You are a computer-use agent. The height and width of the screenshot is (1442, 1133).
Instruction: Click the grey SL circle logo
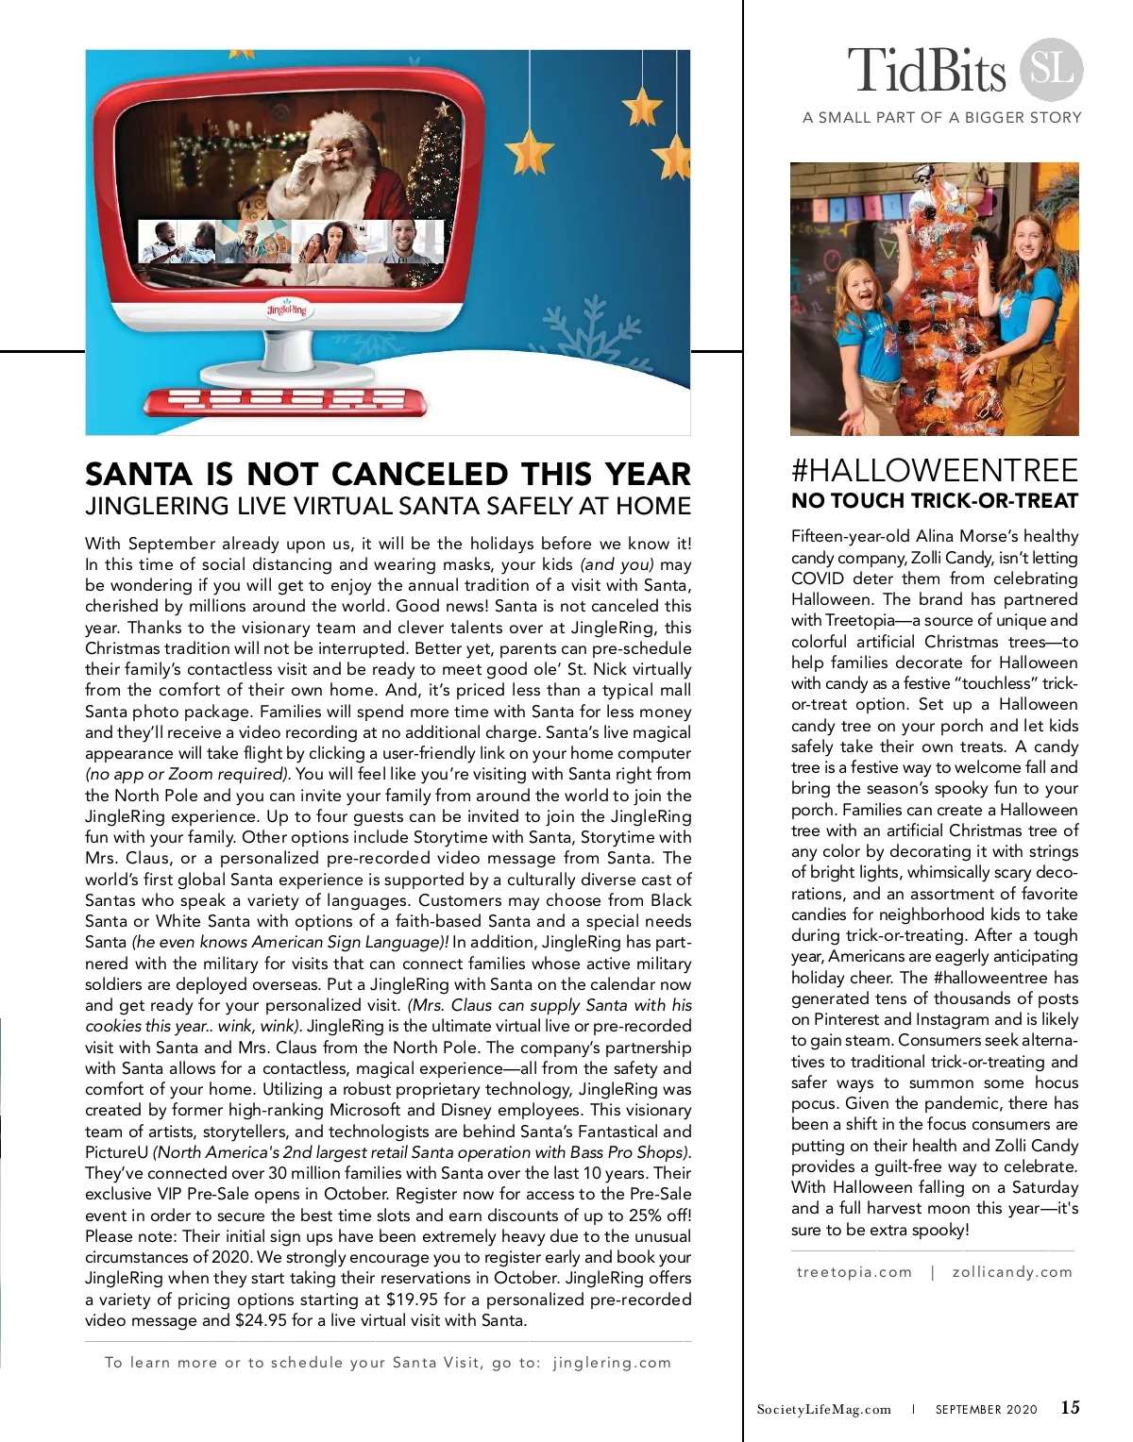tap(1051, 70)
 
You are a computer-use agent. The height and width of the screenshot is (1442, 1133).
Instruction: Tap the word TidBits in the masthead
tap(927, 72)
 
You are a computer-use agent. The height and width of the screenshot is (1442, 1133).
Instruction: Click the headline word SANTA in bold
tap(140, 474)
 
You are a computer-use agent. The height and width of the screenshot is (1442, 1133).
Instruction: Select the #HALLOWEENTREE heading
tap(934, 471)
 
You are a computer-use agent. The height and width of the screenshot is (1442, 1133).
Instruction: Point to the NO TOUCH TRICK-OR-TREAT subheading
tap(934, 501)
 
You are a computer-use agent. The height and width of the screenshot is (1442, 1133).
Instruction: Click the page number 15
tap(1070, 1408)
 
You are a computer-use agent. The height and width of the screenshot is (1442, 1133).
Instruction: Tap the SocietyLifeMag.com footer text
tap(823, 1410)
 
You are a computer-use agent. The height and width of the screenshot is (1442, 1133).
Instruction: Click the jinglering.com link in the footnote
tap(612, 1363)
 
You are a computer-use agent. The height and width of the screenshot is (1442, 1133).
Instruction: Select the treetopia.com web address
tap(854, 1272)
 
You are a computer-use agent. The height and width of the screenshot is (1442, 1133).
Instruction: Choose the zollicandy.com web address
tap(1012, 1272)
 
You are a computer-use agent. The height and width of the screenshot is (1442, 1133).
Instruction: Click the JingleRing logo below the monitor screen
tap(286, 310)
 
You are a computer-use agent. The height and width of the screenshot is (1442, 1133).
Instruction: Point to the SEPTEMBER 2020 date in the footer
tap(986, 1410)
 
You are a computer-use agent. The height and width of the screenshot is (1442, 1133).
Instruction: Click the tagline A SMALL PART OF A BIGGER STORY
tap(941, 118)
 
